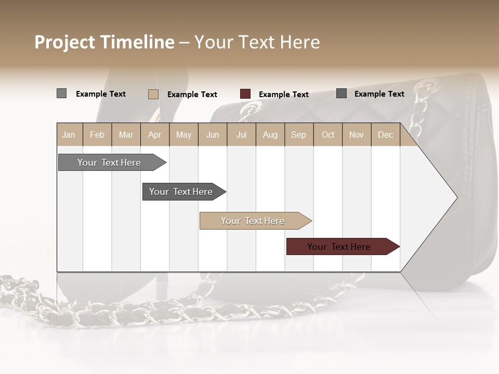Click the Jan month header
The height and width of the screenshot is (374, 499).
(69, 135)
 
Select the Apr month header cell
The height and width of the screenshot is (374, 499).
(155, 135)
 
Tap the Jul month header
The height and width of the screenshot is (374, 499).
(241, 135)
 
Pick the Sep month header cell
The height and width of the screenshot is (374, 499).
(299, 135)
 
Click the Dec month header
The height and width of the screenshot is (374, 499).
(385, 135)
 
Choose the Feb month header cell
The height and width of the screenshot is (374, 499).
(97, 135)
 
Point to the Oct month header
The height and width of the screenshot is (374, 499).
(328, 135)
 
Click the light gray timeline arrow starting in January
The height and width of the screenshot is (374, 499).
(110, 163)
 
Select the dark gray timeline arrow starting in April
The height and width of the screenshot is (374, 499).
(181, 192)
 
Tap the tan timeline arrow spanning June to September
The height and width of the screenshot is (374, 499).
(253, 221)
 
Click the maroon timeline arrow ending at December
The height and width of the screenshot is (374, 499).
(339, 247)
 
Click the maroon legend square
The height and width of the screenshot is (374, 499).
(245, 94)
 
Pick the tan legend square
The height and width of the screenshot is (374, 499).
(153, 94)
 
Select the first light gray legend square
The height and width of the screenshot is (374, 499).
(61, 94)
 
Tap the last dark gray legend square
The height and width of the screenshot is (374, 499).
(342, 94)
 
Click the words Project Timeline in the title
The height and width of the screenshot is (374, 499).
(104, 42)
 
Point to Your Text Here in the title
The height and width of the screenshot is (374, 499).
(257, 42)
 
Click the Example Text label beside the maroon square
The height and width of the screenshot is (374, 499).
(284, 95)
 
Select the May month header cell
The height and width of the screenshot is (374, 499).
(183, 135)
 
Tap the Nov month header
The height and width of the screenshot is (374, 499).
(357, 135)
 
